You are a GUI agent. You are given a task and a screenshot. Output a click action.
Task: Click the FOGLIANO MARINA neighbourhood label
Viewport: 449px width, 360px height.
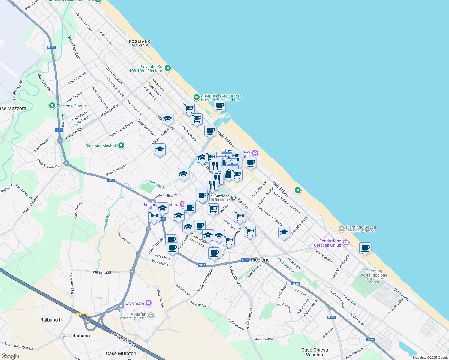click(140, 43)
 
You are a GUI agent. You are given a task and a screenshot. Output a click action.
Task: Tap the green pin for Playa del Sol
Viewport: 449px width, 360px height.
click(168, 68)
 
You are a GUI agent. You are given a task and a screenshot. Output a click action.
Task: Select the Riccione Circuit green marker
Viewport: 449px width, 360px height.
click(52, 106)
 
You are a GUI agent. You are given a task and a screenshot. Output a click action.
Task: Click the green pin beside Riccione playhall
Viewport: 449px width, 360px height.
click(121, 145)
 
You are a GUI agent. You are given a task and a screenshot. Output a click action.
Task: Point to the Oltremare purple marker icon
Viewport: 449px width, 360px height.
click(149, 303)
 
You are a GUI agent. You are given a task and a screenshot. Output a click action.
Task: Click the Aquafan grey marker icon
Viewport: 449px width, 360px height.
click(151, 315)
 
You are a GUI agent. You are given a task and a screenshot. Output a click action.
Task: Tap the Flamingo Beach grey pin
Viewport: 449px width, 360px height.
click(341, 229)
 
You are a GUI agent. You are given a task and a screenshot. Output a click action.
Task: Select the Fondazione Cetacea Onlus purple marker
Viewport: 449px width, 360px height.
click(346, 242)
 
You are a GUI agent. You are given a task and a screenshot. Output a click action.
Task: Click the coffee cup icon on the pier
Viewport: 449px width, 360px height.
click(220, 106)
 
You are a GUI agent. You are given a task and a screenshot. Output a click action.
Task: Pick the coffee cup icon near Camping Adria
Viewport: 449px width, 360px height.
click(365, 248)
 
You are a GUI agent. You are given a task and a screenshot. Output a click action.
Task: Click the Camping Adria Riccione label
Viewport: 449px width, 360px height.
click(374, 273)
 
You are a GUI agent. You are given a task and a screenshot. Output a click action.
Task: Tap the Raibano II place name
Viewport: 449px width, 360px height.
click(51, 320)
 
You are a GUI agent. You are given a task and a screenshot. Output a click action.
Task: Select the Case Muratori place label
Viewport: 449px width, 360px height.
click(121, 353)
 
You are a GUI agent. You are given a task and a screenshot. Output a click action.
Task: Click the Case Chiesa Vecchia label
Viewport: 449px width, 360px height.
click(315, 352)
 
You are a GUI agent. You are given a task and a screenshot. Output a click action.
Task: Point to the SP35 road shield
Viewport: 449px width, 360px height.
click(331, 317)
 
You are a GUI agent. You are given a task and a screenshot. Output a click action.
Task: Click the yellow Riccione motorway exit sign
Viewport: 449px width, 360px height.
click(82, 315)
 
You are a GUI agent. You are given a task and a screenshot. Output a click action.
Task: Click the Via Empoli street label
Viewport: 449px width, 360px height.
click(102, 272)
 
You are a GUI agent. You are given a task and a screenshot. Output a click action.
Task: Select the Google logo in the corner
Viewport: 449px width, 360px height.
click(10, 356)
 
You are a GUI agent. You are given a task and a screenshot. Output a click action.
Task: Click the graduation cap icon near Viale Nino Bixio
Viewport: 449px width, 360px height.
click(284, 232)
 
